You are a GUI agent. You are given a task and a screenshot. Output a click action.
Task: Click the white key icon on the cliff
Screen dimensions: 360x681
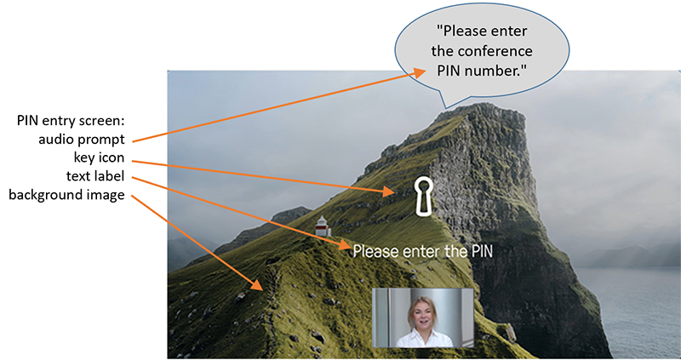pos(421,196)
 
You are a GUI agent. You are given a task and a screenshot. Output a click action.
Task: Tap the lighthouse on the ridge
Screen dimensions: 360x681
pos(323,226)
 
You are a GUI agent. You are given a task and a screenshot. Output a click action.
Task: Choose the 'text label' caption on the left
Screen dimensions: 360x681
pos(96,176)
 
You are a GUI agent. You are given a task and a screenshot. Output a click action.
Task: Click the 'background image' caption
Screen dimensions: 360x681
pos(67,195)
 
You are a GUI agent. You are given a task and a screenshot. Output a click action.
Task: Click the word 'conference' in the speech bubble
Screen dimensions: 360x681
pos(495,51)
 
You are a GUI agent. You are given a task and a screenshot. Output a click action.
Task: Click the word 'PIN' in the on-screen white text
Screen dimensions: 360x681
pos(479,251)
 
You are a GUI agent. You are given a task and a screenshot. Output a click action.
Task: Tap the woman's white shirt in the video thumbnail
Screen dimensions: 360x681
pos(424,339)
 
